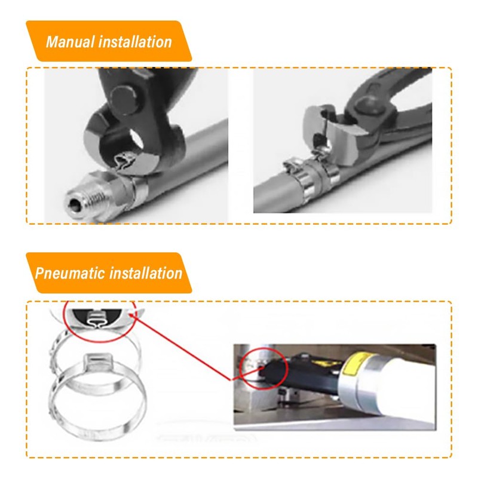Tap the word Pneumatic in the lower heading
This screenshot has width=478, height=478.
(69, 274)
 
